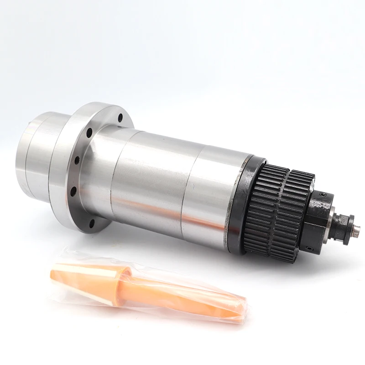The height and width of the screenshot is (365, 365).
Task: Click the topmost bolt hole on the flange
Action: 120,118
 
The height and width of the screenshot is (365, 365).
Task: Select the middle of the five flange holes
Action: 77,161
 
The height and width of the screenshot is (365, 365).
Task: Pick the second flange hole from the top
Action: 89,133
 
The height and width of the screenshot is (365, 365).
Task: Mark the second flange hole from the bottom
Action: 73,191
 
